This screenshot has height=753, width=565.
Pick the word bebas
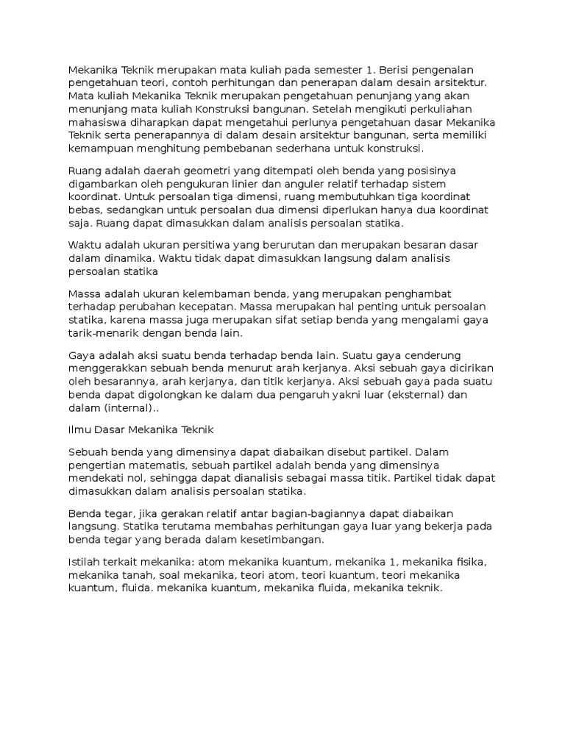pyautogui.click(x=83, y=210)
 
